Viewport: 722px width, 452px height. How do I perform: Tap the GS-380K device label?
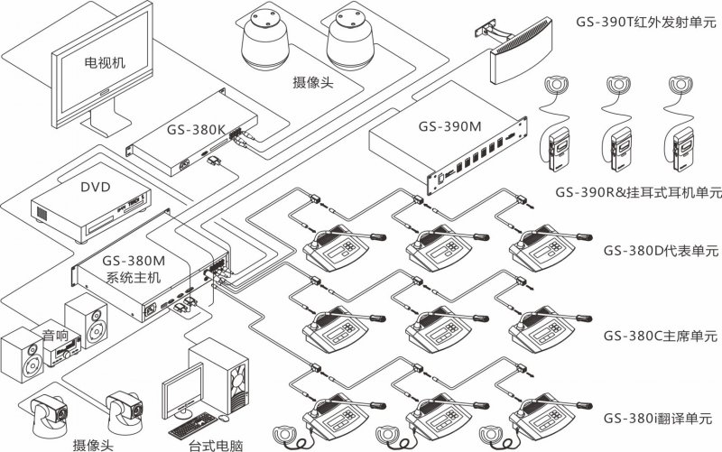click(196, 128)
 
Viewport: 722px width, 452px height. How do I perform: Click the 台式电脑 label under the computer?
click(214, 443)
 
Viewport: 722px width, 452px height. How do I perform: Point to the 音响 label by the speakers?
click(56, 336)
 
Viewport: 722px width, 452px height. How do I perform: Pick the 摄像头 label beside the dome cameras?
click(312, 82)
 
